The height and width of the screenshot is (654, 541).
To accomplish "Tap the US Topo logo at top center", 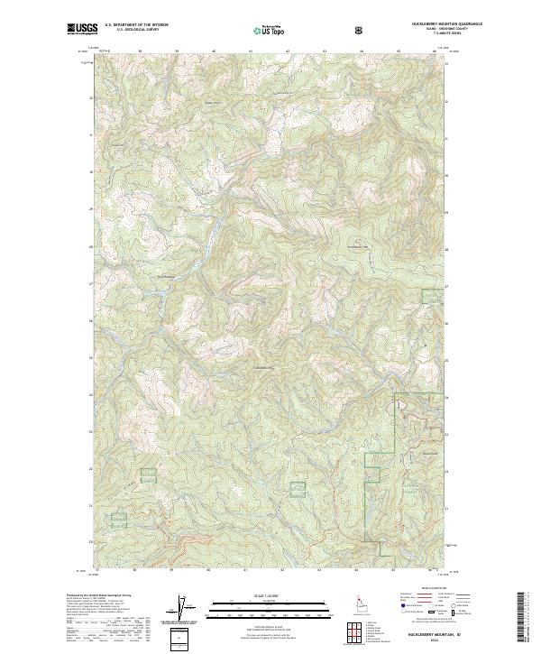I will pos(270,31).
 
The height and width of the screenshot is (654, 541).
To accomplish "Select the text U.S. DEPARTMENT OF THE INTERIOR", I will pos(136,25).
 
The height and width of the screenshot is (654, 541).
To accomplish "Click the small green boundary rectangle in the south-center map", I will pos(298,489).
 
